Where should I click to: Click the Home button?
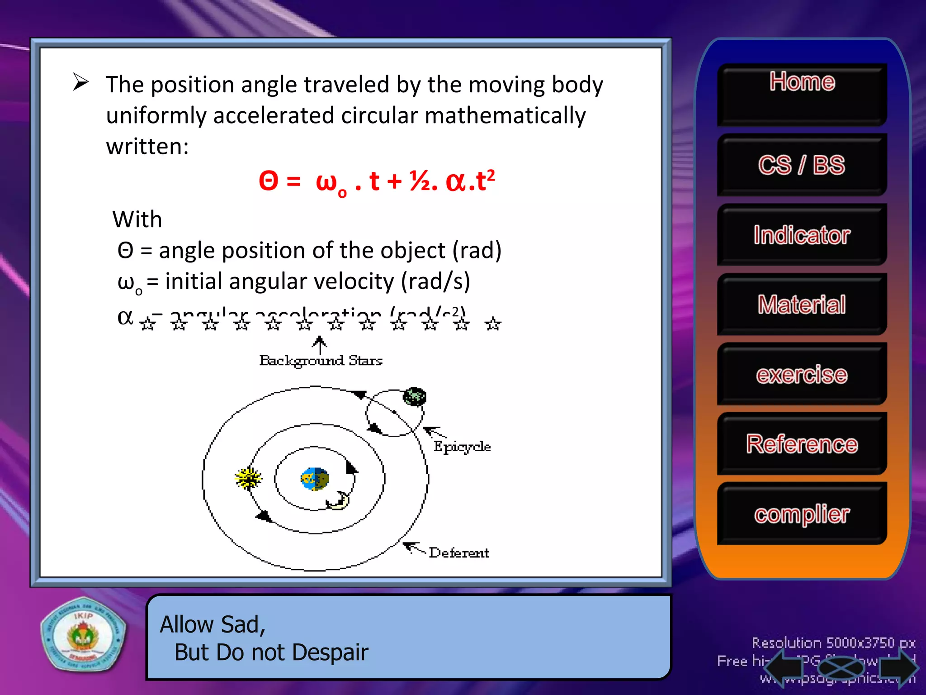coord(802,94)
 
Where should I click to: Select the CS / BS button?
coord(802,165)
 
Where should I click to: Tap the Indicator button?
coord(802,235)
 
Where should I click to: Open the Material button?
coord(802,304)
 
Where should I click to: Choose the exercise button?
coord(802,374)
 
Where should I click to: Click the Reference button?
coord(802,444)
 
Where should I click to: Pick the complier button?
coord(802,514)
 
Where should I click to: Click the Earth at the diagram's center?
coord(315,479)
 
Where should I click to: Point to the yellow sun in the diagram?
coord(248,478)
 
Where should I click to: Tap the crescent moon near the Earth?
coord(338,501)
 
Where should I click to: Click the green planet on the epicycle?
coord(415,397)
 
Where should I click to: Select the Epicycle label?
coord(462,447)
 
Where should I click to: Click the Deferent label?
coord(458,553)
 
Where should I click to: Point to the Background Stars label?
coord(321,361)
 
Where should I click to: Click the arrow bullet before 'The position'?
coord(81,82)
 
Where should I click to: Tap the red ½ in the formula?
coord(420,181)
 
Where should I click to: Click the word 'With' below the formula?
coord(137,219)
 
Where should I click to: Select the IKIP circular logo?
coord(83,636)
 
